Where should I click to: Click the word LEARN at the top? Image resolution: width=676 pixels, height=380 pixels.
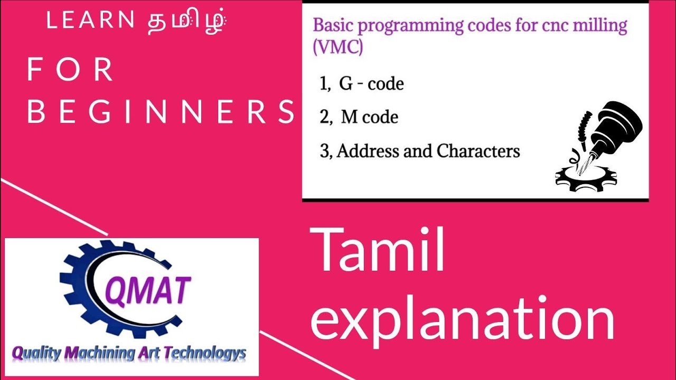click(x=90, y=21)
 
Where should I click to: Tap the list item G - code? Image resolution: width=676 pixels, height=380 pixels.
click(x=371, y=84)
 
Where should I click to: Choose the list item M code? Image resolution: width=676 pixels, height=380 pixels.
click(x=369, y=117)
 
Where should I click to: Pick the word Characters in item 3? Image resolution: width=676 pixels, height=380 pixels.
click(x=478, y=151)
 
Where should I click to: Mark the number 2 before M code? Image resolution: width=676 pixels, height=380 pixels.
click(x=324, y=117)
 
